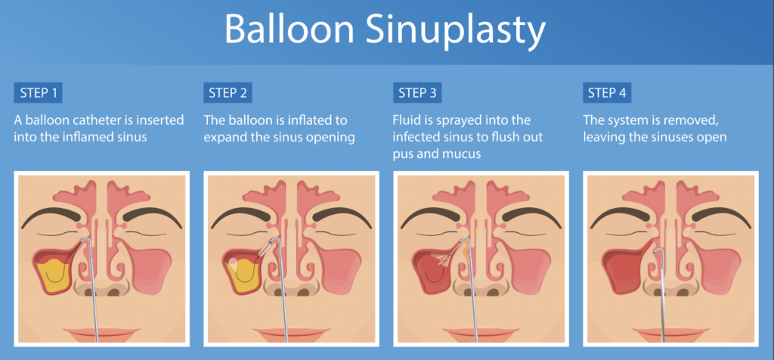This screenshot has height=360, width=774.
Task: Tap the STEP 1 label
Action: click(x=38, y=93)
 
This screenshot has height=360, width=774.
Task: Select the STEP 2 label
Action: click(x=228, y=93)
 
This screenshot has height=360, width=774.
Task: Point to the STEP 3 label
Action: click(x=417, y=93)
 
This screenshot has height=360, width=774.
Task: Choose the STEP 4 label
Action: click(x=607, y=93)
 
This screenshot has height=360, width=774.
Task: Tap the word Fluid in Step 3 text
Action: click(x=406, y=120)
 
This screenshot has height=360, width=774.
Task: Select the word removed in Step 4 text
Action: click(x=683, y=121)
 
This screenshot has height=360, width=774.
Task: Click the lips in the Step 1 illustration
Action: click(x=101, y=334)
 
